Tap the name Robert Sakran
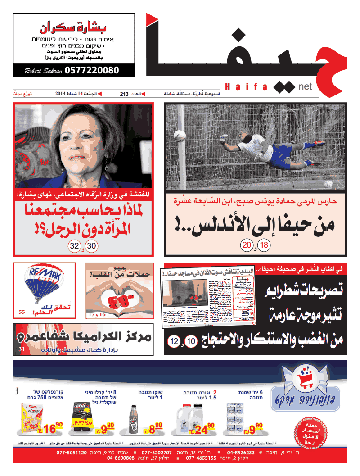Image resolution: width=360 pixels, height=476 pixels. pyautogui.click(x=42, y=71)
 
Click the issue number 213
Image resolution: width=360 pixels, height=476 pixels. pyautogui.click(x=124, y=94)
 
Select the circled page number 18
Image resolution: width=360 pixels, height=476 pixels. pyautogui.click(x=263, y=246)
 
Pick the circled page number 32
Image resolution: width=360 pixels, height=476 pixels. pyautogui.click(x=74, y=246)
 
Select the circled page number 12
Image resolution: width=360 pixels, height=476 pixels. pyautogui.click(x=174, y=342)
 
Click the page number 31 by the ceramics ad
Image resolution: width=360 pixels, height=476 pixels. pyautogui.click(x=22, y=349)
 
